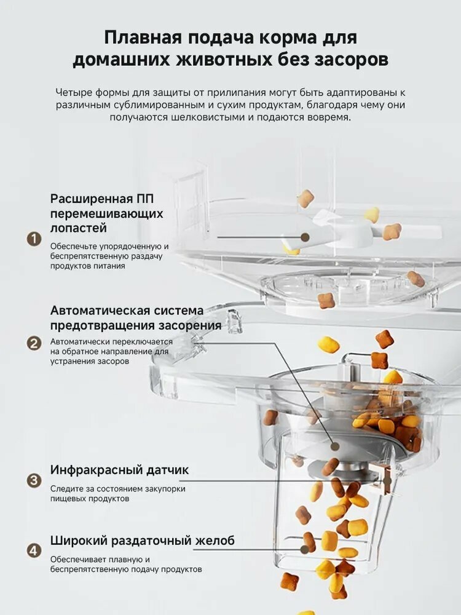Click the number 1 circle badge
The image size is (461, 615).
(33, 239)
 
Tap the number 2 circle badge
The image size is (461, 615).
(33, 343)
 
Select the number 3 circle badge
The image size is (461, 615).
(33, 481)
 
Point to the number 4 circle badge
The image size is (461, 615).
(33, 549)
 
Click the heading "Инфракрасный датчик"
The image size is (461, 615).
(119, 470)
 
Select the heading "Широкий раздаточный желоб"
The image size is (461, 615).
(142, 541)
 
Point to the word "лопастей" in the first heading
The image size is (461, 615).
(79, 228)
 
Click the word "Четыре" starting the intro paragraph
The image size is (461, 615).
(72, 92)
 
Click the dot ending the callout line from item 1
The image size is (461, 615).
(305, 237)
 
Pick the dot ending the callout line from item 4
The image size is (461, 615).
(305, 550)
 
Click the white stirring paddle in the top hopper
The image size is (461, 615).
(335, 231)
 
